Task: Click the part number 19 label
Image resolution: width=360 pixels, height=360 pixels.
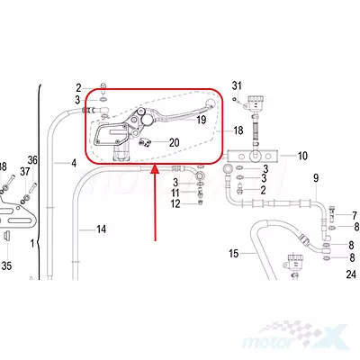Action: pos(202,120)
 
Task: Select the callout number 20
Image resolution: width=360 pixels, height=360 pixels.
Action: pos(174,143)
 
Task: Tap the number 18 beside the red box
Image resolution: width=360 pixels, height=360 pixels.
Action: pos(238,130)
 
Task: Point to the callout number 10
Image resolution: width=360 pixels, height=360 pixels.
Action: pos(302,156)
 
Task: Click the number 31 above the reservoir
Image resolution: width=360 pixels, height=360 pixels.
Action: pos(237,85)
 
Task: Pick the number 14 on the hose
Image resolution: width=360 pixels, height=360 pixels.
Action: pos(101,229)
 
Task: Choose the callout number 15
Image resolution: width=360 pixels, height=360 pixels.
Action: pos(234,254)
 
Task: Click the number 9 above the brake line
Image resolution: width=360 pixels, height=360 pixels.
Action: pos(316,178)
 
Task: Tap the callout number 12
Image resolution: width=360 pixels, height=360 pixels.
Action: pos(175,204)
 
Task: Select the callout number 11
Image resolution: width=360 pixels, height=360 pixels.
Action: pos(175,193)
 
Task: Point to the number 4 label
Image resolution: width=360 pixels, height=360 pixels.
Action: pos(74,163)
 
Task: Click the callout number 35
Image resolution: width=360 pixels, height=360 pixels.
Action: pos(6,265)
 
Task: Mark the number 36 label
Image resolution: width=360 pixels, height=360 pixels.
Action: pos(32,160)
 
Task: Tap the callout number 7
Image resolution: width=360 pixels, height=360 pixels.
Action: pos(355,216)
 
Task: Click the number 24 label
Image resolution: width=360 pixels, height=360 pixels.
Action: pos(351,274)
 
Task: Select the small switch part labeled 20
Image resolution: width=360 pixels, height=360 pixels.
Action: pos(145,142)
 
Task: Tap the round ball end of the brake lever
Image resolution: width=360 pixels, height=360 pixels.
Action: pos(211,103)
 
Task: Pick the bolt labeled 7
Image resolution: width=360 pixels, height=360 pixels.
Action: pos(331,213)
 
